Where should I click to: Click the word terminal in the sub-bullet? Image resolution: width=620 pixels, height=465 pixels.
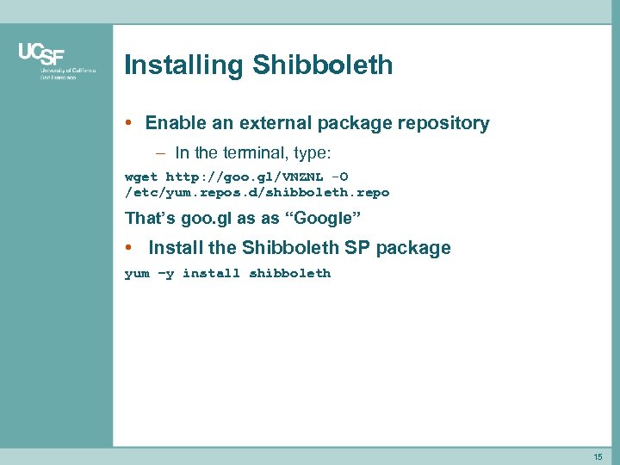(x=258, y=153)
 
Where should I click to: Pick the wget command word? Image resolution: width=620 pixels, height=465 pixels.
(x=141, y=177)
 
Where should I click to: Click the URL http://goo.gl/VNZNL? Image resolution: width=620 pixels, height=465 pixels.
(x=245, y=177)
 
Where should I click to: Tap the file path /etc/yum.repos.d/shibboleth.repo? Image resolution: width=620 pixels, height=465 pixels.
(x=257, y=193)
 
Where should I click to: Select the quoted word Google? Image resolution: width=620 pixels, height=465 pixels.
(x=323, y=218)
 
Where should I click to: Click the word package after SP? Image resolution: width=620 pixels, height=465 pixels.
(x=412, y=248)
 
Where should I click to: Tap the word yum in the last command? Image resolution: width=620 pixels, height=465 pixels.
(x=137, y=274)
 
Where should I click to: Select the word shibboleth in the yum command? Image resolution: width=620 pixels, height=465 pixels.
(x=289, y=274)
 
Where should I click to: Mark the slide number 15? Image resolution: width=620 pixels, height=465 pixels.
(x=598, y=456)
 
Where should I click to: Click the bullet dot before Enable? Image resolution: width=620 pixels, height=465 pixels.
(x=128, y=123)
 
